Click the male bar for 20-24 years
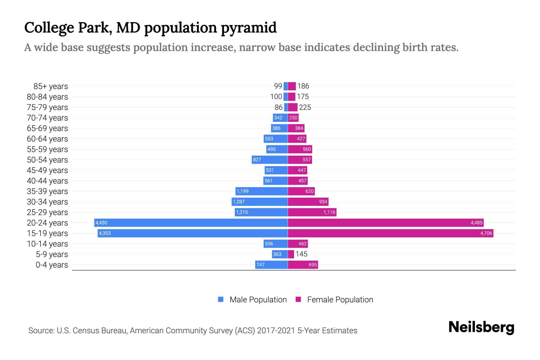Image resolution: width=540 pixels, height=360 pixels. point(191,223)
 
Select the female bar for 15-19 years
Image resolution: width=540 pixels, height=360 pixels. point(390,233)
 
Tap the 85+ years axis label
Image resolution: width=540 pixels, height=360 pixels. point(50,86)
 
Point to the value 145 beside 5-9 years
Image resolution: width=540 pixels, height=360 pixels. point(301,254)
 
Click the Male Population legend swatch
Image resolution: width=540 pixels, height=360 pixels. point(221,299)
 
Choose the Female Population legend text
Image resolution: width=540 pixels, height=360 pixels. point(340,300)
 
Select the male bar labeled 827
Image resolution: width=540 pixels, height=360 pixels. point(269,160)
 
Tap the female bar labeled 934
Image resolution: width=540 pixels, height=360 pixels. point(308,202)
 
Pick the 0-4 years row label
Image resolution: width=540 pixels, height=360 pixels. point(52,265)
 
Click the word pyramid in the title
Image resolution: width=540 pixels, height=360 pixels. point(249,28)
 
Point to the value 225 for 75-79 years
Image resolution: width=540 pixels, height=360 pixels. point(305,107)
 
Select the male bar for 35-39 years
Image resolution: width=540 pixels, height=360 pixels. point(261,191)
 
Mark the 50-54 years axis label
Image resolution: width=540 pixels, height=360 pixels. point(47,160)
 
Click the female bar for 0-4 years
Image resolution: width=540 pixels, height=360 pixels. point(302,265)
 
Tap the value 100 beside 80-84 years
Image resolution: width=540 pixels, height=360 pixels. point(276,97)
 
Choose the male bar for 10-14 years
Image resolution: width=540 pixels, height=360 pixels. point(275,244)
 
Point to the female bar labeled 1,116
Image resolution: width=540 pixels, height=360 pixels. point(312,212)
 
